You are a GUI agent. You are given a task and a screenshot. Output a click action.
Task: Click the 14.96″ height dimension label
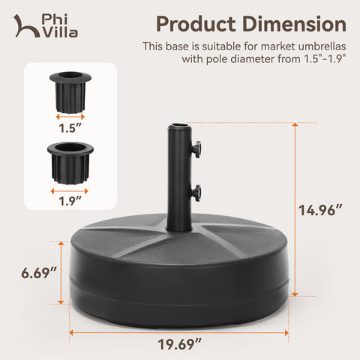(320, 210)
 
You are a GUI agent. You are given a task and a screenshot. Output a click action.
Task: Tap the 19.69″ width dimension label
(179, 344)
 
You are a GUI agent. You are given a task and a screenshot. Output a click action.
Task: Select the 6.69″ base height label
(39, 273)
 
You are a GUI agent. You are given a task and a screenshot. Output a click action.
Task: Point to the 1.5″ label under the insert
(70, 128)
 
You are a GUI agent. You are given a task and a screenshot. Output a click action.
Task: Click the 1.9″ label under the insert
(70, 201)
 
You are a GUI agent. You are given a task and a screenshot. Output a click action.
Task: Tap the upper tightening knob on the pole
(196, 149)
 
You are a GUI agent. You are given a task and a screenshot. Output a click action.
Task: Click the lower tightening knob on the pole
(196, 193)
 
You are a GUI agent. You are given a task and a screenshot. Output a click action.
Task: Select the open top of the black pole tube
(180, 124)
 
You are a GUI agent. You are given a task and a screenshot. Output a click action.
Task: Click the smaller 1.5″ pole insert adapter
(70, 92)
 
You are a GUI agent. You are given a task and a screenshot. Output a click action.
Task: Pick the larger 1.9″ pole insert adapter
(70, 163)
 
